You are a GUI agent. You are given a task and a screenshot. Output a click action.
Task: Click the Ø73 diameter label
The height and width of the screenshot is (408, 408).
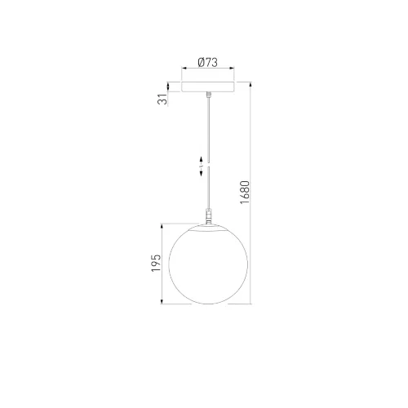click(208, 62)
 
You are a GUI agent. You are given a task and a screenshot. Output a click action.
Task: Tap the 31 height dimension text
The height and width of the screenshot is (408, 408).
click(162, 100)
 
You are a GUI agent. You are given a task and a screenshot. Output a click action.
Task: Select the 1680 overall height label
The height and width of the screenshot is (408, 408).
click(245, 192)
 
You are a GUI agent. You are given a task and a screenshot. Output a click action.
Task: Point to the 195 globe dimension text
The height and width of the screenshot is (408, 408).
click(156, 263)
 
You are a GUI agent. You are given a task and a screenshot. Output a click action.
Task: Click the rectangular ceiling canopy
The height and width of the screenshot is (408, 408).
click(208, 86)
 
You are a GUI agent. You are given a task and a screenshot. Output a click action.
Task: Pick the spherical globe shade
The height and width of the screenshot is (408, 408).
click(208, 264)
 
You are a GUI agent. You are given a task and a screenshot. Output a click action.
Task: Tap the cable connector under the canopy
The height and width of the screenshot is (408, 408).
click(209, 95)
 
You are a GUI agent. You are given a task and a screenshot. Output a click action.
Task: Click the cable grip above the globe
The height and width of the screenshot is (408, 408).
click(209, 215)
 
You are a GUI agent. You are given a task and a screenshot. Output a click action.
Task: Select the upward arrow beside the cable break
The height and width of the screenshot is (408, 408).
click(202, 161)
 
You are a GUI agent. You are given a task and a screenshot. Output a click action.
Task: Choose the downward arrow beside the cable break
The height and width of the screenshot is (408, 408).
click(202, 171)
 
